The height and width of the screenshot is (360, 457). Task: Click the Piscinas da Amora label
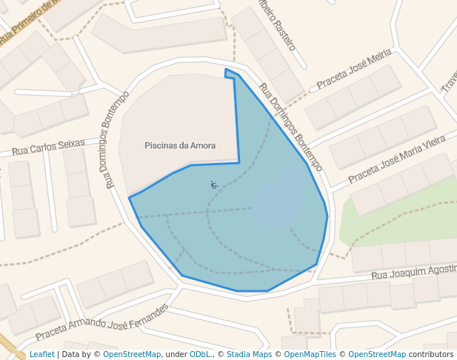180,146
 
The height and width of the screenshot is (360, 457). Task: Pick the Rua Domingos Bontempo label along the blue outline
290,127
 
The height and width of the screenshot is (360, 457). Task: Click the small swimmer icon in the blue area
214,184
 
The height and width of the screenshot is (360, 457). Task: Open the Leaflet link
41,355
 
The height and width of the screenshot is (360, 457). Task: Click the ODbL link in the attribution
200,355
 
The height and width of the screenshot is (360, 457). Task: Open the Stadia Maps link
249,355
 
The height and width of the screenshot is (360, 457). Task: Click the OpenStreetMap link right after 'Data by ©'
132,355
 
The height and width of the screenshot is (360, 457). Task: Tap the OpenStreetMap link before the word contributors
376,355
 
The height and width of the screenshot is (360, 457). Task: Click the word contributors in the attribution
431,355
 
